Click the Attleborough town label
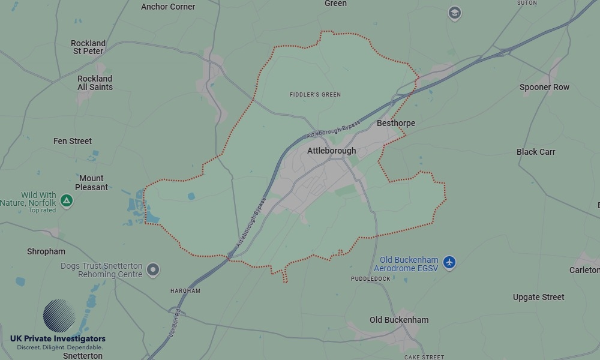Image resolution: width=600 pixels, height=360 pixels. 331,151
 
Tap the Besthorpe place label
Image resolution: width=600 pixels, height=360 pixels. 395,123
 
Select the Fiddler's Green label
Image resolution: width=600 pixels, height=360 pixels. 315,95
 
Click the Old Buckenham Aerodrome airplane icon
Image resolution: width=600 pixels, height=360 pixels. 449,262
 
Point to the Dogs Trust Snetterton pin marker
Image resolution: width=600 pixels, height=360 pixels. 153,269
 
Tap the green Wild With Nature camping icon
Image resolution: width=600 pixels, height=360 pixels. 67,200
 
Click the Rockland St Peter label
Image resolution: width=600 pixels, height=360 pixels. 88,47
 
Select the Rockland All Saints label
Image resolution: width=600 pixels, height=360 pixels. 95,83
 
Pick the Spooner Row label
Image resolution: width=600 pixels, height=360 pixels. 544,87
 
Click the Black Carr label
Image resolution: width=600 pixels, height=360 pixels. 536,152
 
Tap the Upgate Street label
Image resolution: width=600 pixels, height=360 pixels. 538,297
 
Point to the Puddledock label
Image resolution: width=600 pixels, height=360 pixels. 370,279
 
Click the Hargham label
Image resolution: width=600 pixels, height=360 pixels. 185,291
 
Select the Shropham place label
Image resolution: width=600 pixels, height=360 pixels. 46,251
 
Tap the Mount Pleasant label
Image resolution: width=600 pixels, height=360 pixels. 91,183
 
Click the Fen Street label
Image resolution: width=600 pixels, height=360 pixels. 73,141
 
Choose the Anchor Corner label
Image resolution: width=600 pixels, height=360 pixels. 168,7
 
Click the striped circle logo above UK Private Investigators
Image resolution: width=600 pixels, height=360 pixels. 59,316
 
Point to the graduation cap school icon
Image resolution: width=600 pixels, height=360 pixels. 454,13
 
